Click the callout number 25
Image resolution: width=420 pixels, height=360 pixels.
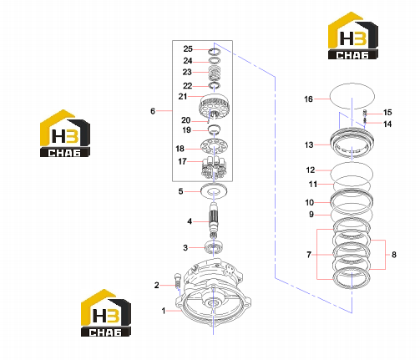pyautogui.click(x=188, y=49)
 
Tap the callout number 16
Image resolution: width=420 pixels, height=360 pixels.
pyautogui.click(x=308, y=99)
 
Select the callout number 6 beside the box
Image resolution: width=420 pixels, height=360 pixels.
pyautogui.click(x=153, y=111)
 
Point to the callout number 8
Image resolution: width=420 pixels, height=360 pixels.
pyautogui.click(x=394, y=255)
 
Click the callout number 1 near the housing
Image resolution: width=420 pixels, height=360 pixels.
pyautogui.click(x=164, y=311)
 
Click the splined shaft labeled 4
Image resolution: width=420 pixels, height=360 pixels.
pyautogui.click(x=214, y=220)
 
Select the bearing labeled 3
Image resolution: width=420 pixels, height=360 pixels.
pyautogui.click(x=214, y=247)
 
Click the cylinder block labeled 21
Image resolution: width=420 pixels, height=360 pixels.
pyautogui.click(x=215, y=107)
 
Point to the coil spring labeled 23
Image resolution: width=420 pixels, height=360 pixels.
pyautogui.click(x=215, y=74)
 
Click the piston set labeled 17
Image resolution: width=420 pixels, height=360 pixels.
pyautogui.click(x=215, y=168)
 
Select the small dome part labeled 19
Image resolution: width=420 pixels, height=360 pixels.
pyautogui.click(x=215, y=129)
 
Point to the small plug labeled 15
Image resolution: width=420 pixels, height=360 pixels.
pyautogui.click(x=365, y=112)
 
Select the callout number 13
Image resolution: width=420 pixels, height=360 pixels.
pyautogui.click(x=309, y=145)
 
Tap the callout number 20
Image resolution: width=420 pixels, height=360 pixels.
pyautogui.click(x=186, y=120)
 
